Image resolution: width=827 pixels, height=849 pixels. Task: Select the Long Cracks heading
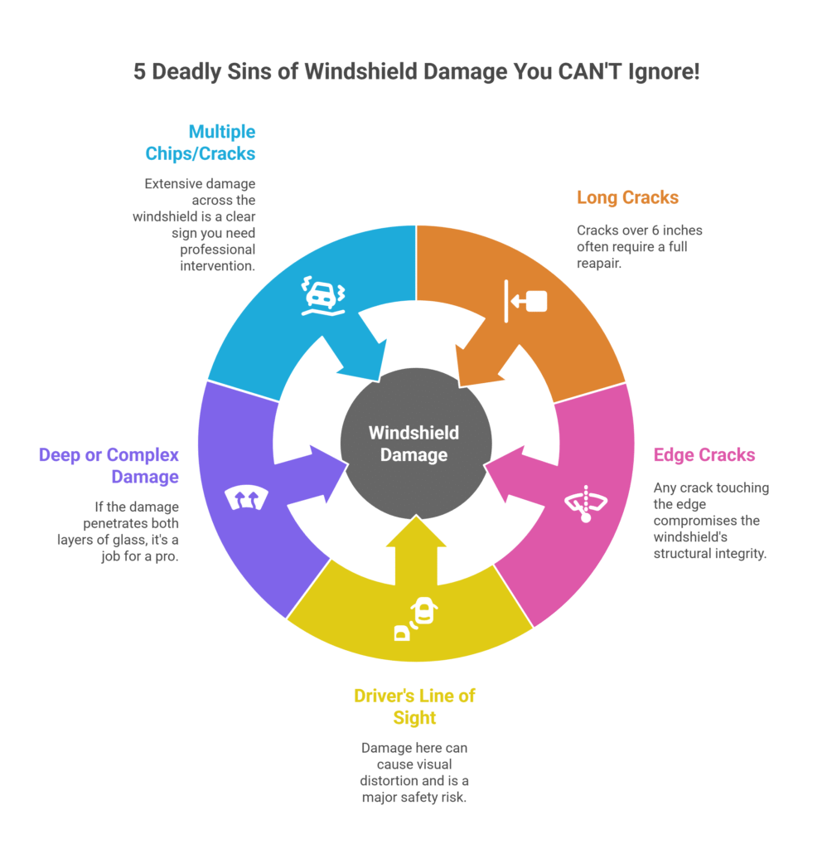(627, 197)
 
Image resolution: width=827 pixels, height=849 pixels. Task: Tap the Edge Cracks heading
(704, 454)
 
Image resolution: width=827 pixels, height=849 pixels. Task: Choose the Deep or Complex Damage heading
(109, 466)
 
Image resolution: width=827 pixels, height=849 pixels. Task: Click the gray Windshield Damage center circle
(414, 444)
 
